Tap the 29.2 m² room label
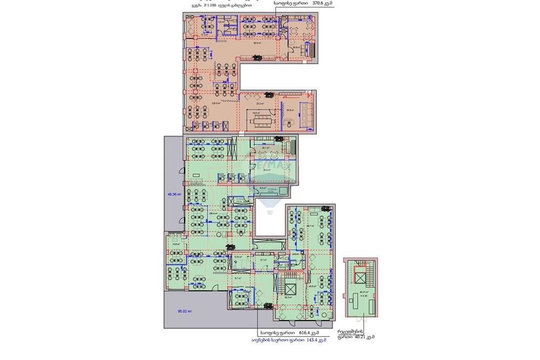[x=259, y=103]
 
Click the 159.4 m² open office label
[x=213, y=214]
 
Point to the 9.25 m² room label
[x=238, y=257]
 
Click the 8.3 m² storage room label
[x=263, y=189]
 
